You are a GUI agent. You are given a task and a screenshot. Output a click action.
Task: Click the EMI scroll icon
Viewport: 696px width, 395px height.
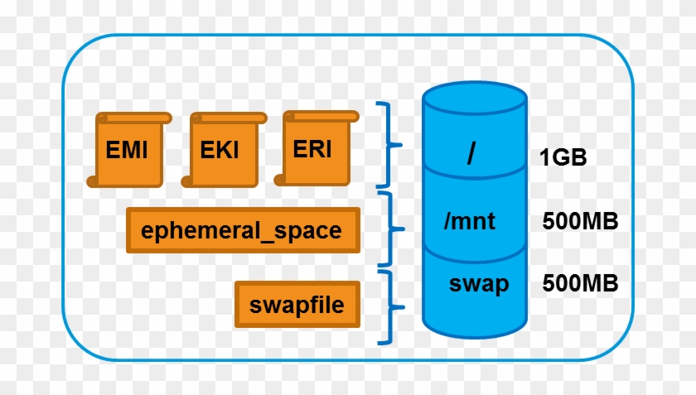click(128, 150)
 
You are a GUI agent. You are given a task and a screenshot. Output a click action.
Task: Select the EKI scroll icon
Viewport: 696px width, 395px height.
click(225, 150)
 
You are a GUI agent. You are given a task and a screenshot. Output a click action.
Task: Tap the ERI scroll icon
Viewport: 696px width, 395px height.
click(317, 148)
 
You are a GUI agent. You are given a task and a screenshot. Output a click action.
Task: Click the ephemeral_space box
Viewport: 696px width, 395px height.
click(243, 230)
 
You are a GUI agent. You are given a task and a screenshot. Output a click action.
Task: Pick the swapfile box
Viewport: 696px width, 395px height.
click(297, 305)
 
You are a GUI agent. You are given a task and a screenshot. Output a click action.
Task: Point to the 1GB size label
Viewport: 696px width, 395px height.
click(563, 157)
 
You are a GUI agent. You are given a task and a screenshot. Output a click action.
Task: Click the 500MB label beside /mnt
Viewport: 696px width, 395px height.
click(580, 220)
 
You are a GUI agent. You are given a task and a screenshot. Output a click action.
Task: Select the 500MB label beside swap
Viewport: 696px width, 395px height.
click(580, 282)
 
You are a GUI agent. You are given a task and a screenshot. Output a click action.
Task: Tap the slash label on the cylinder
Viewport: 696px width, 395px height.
click(471, 153)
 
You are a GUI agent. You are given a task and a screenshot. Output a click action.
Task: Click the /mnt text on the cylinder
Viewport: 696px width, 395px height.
click(469, 220)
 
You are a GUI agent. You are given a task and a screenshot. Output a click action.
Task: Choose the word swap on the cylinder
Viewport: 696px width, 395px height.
click(479, 284)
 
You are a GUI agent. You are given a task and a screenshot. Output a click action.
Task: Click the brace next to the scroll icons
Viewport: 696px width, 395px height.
click(389, 145)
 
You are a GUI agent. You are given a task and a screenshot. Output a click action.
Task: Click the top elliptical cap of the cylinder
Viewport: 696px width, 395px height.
click(475, 98)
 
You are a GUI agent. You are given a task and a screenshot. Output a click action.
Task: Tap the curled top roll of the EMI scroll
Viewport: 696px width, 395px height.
click(134, 118)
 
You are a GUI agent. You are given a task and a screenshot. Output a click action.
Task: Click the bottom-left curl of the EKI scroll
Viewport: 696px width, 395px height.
click(187, 181)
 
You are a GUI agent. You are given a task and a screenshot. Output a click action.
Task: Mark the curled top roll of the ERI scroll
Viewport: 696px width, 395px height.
click(321, 116)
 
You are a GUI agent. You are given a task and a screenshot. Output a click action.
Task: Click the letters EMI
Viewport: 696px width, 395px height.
click(127, 150)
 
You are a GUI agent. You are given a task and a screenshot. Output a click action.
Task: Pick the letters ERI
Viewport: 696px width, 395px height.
click(312, 149)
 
